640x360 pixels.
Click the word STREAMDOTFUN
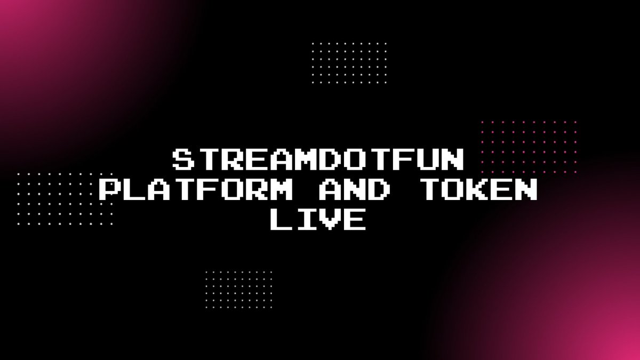[319, 159]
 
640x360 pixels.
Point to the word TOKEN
[478, 190]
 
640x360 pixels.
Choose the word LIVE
[319, 220]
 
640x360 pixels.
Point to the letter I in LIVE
[307, 220]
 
